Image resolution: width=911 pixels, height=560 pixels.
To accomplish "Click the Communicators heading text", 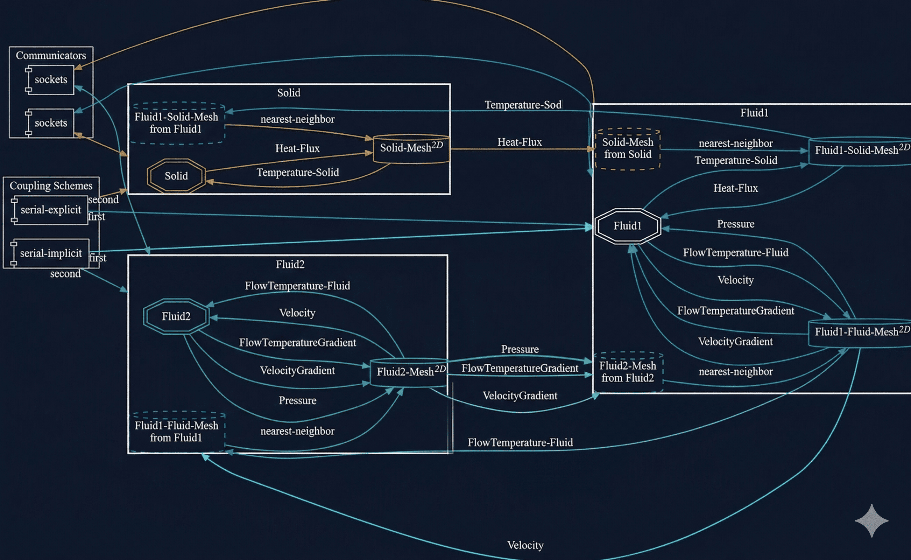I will pyautogui.click(x=51, y=56).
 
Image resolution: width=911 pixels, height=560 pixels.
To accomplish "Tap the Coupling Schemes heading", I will pyautogui.click(x=51, y=185).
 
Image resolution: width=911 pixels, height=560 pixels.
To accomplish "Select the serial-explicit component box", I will pyautogui.click(x=51, y=210).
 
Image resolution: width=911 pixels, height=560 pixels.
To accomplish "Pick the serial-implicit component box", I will pyautogui.click(x=51, y=253).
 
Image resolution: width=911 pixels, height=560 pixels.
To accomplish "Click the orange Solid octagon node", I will pyautogui.click(x=176, y=176).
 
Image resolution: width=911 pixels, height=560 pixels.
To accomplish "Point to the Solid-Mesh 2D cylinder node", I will pyautogui.click(x=411, y=148).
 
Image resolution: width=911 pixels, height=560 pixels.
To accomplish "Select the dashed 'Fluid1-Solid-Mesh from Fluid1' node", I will pyautogui.click(x=176, y=123).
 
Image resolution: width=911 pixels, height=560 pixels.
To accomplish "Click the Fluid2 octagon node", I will pyautogui.click(x=176, y=316).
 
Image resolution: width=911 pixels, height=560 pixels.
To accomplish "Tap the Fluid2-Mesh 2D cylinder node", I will pyautogui.click(x=409, y=372).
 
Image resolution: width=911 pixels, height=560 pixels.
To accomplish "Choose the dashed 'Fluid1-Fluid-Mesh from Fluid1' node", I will pyautogui.click(x=176, y=432).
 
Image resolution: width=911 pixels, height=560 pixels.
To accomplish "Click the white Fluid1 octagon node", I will pyautogui.click(x=627, y=226).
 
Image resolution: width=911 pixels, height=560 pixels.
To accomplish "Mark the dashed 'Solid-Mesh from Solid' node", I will pyautogui.click(x=627, y=148).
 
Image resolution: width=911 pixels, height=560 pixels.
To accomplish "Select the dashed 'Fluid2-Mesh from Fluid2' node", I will pyautogui.click(x=627, y=372).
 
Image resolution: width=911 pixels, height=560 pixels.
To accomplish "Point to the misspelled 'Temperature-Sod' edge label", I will pyautogui.click(x=523, y=105).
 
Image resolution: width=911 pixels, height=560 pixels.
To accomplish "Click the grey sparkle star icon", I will pyautogui.click(x=871, y=520).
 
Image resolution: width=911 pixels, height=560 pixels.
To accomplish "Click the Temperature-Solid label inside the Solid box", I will pyautogui.click(x=298, y=173).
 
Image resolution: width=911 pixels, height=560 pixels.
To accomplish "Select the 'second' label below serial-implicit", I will pyautogui.click(x=65, y=274).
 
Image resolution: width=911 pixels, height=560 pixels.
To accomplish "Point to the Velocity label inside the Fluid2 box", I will pyautogui.click(x=297, y=313).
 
